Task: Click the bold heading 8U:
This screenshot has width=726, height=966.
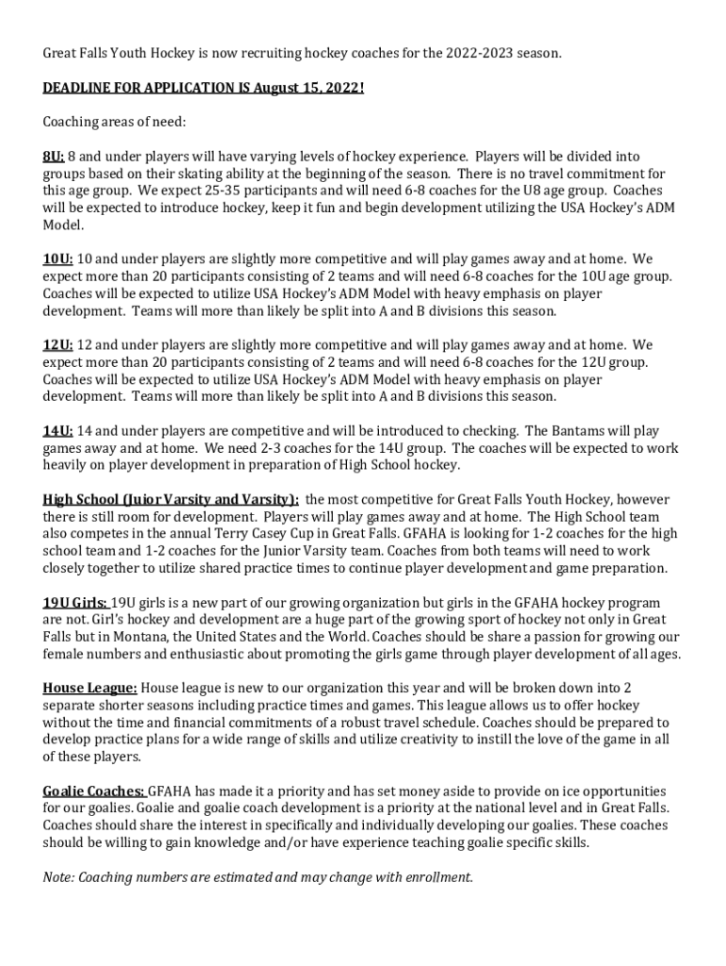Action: pos(53,157)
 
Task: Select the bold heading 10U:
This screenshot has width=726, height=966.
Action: pos(58,259)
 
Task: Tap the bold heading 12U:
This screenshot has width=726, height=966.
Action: pos(58,345)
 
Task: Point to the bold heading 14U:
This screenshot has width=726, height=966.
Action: pos(58,431)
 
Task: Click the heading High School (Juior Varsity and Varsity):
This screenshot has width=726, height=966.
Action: pos(171,500)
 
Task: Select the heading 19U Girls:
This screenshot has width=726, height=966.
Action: pos(74,603)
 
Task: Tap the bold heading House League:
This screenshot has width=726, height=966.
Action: pos(90,689)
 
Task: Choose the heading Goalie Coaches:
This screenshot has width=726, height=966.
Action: pos(93,791)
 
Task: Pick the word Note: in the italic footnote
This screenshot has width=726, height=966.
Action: pos(58,877)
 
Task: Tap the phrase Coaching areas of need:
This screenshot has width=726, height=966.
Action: pos(114,123)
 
